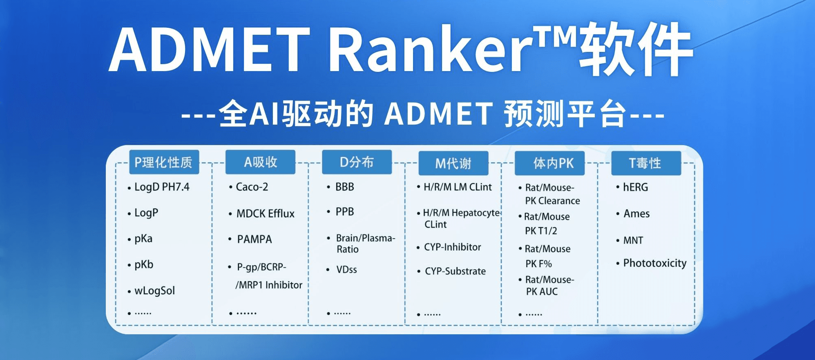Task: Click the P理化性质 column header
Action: [164, 162]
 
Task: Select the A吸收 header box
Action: [260, 162]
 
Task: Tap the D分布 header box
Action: [357, 162]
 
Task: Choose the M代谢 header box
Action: [453, 163]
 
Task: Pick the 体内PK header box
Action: [549, 163]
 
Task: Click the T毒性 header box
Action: [646, 163]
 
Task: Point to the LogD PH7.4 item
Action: [162, 187]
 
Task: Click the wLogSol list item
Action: [154, 291]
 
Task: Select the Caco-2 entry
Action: [252, 187]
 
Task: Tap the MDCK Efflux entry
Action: [266, 213]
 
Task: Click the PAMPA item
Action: [254, 239]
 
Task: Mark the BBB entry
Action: [345, 187]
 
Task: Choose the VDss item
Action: [346, 270]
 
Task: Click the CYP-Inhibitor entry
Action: [452, 247]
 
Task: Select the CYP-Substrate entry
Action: [455, 271]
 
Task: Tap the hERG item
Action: [635, 187]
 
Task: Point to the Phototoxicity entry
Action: [654, 263]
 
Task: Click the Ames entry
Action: [636, 213]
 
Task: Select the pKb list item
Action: [144, 265]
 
